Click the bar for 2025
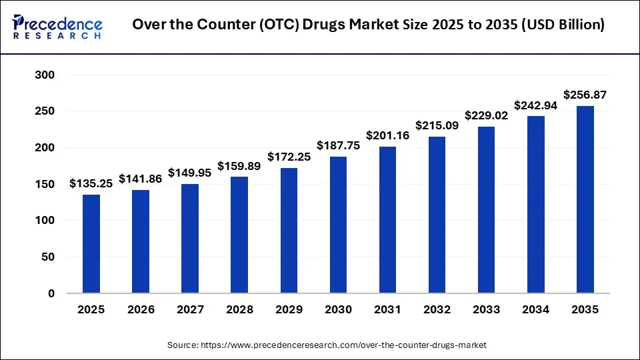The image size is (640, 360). click(91, 243)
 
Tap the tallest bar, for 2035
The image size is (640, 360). click(585, 199)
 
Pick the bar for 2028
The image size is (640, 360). click(239, 235)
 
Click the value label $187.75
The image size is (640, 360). click(338, 146)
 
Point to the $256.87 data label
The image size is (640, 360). click(585, 95)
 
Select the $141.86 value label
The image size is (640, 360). click(141, 179)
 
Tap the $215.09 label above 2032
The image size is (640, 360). click(437, 125)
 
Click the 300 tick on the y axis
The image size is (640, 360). click(45, 75)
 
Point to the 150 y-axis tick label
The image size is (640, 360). click(45, 184)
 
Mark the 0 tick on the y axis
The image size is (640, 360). click(51, 293)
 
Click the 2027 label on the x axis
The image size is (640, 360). click(190, 309)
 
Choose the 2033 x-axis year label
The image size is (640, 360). click(486, 309)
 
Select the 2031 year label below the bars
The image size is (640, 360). click(387, 309)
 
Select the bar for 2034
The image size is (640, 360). click(535, 205)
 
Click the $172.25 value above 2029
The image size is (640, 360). click(289, 157)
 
